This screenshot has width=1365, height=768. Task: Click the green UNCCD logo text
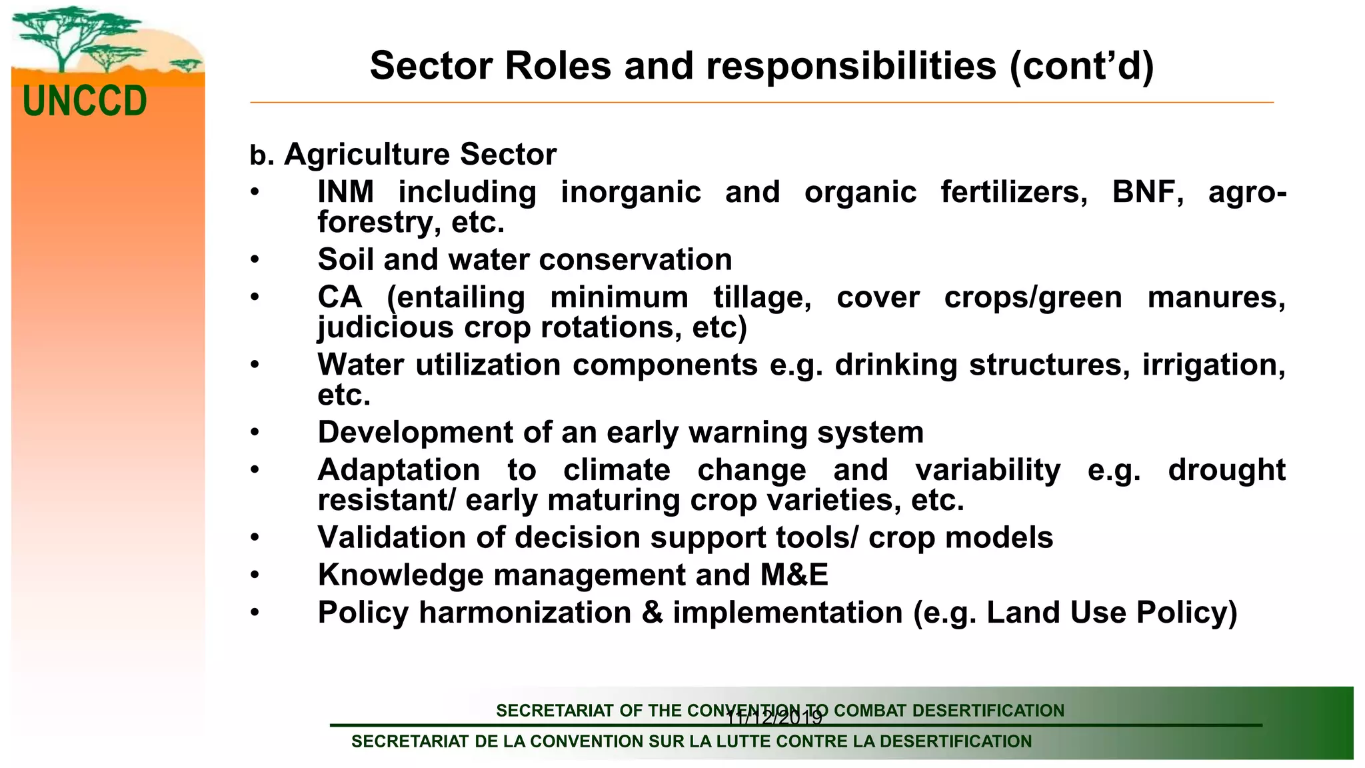coord(85,102)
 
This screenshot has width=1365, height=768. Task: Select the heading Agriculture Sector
coord(420,155)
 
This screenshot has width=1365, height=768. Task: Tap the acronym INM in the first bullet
coord(345,192)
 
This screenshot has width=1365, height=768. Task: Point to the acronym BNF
coord(1147,192)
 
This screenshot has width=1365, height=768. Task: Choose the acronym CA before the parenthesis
coord(339,297)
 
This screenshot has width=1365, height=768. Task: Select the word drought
coord(1226,470)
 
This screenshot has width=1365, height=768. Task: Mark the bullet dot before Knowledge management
coord(255,575)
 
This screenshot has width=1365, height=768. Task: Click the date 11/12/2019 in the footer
coord(774,719)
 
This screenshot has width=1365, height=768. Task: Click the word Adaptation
coord(399,470)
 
